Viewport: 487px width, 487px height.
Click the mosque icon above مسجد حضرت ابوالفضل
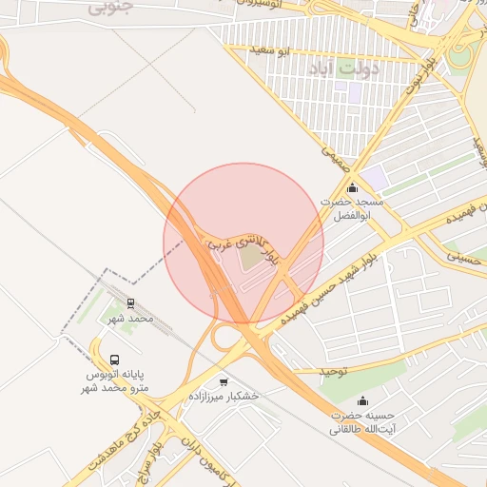pyautogui.click(x=352, y=187)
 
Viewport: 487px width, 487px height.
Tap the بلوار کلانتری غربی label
pyautogui.click(x=241, y=243)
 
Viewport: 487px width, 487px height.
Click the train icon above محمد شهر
pyautogui.click(x=129, y=303)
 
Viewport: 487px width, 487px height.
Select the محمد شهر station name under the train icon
pyautogui.click(x=130, y=320)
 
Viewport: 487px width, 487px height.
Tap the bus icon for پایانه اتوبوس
pyautogui.click(x=115, y=360)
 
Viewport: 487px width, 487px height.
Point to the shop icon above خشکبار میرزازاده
pyautogui.click(x=224, y=380)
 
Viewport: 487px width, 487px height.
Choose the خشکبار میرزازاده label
pyautogui.click(x=224, y=396)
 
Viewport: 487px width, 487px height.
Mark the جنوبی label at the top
pyautogui.click(x=112, y=7)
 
